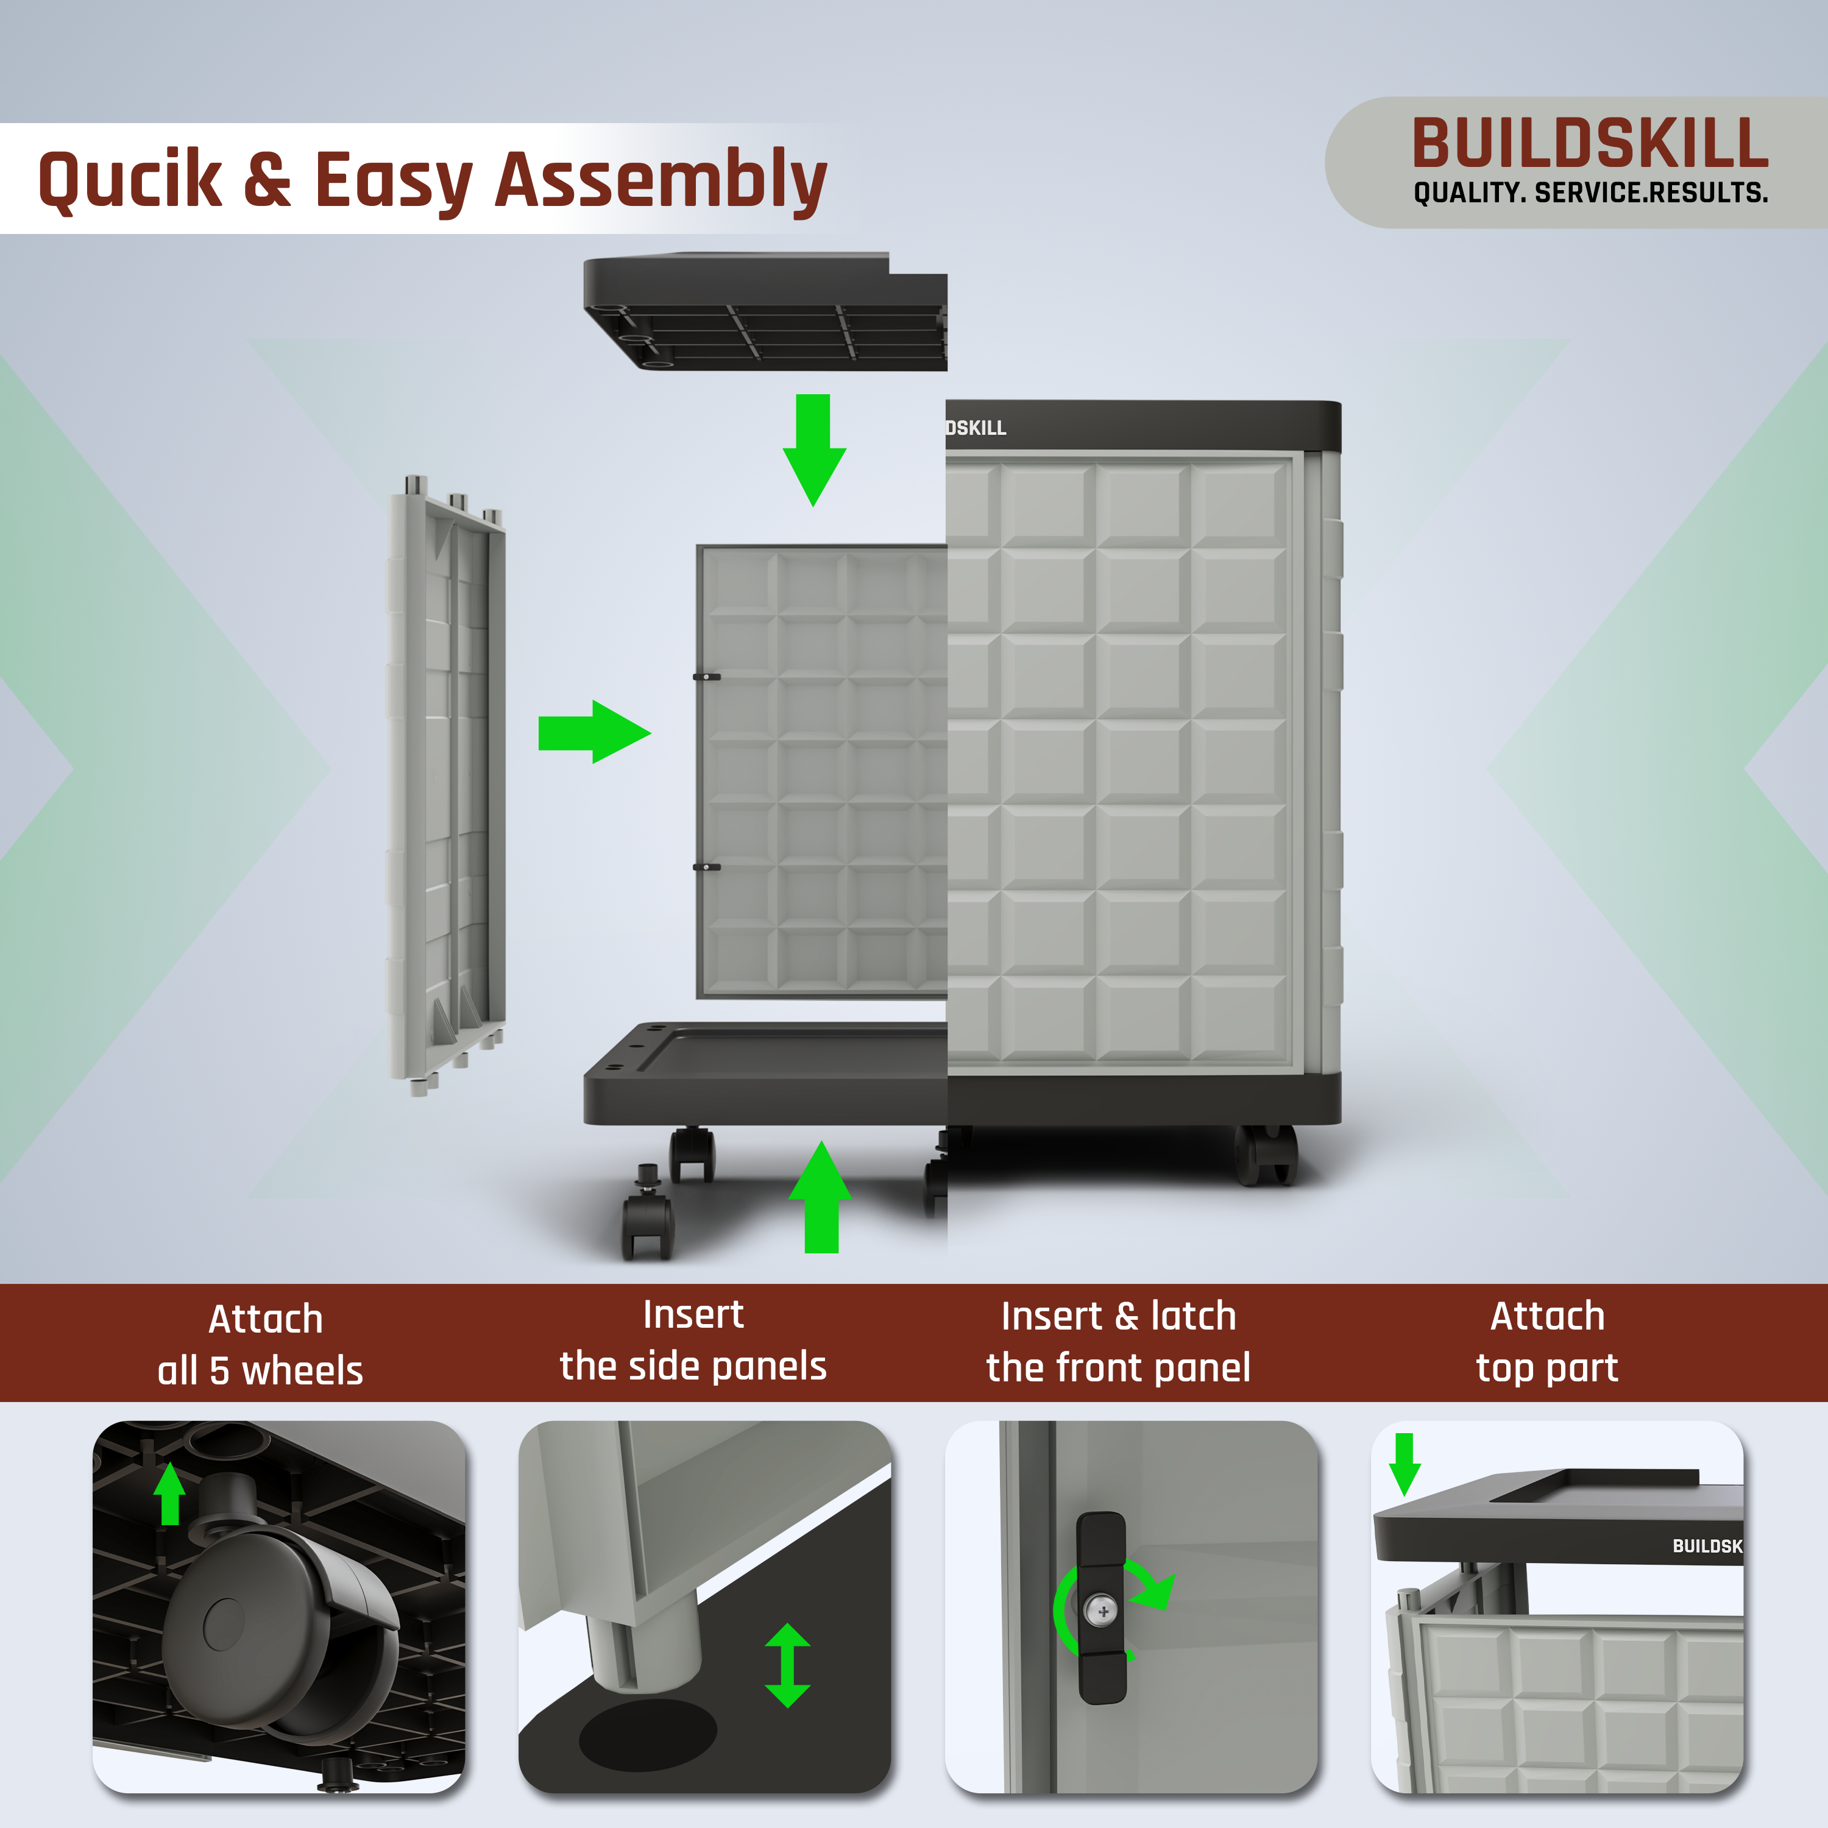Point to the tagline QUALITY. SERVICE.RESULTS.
pyautogui.click(x=1590, y=193)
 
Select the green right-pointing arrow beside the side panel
pyautogui.click(x=594, y=731)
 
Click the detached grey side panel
pyautogui.click(x=447, y=785)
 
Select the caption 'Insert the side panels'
pyautogui.click(x=693, y=1341)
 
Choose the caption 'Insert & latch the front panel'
pyautogui.click(x=1118, y=1342)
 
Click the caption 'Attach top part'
pyautogui.click(x=1547, y=1342)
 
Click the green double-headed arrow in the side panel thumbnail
pyautogui.click(x=787, y=1665)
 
